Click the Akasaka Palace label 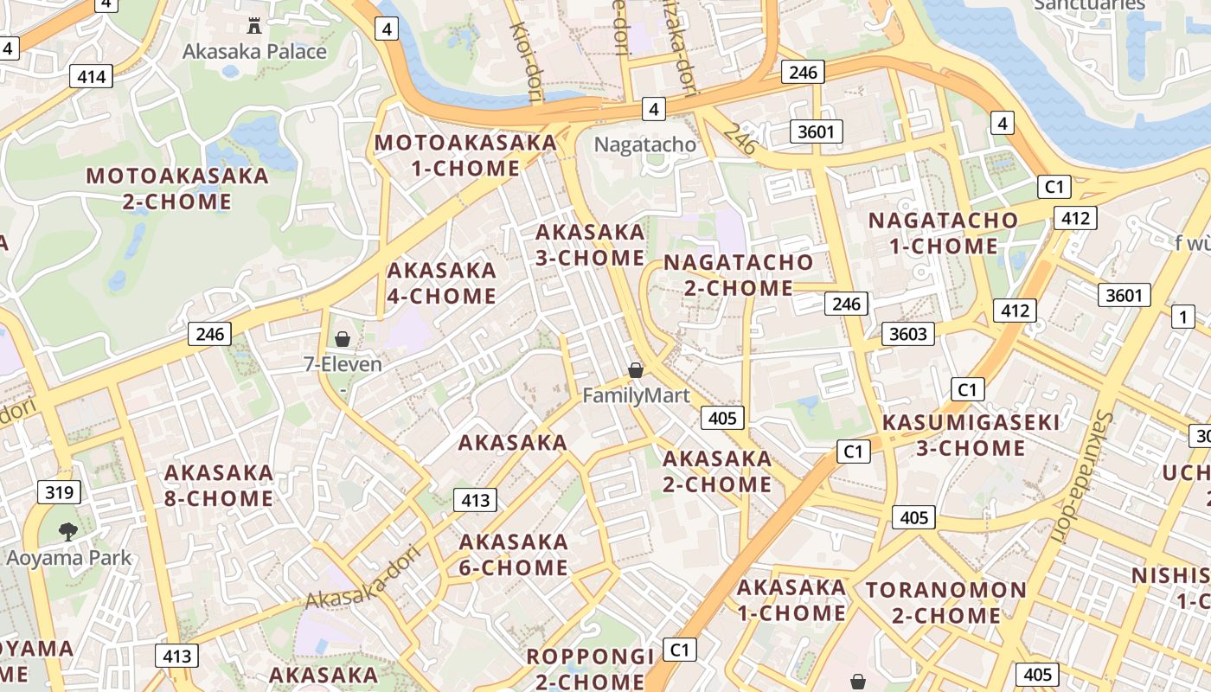(254, 51)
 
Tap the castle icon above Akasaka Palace (254, 25)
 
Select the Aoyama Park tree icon (67, 531)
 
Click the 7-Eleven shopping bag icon (343, 338)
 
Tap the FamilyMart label (636, 396)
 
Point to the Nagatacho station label (645, 144)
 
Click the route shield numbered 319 (59, 493)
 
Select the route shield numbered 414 (91, 77)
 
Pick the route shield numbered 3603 (908, 334)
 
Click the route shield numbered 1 (1182, 317)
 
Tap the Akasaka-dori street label (363, 577)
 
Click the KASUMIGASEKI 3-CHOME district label (971, 435)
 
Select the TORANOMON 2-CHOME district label (945, 603)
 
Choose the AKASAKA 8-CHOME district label (219, 485)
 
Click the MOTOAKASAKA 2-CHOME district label (177, 189)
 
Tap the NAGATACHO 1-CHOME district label (943, 233)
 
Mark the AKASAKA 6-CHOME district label (514, 554)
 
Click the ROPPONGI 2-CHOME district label (590, 669)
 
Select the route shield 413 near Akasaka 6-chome (476, 499)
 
